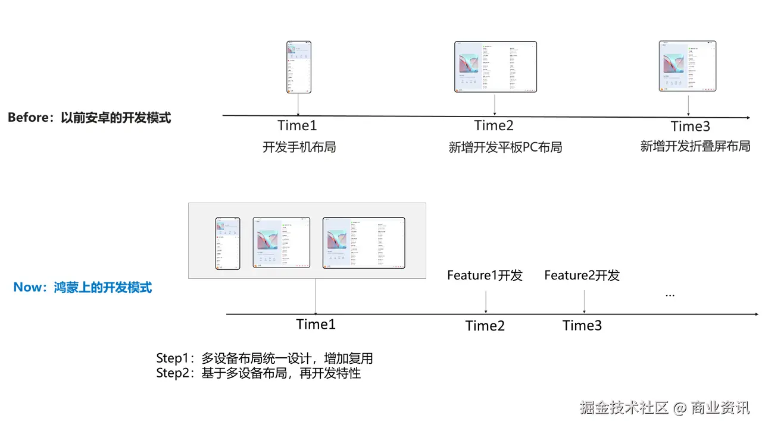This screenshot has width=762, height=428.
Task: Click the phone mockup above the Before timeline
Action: coord(299,67)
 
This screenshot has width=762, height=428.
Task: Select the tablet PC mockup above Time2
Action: coord(495,67)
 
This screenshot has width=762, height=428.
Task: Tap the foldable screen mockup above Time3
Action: coord(688,66)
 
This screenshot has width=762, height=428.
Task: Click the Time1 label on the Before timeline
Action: coord(297,125)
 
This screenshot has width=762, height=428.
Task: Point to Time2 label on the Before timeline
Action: coord(494,125)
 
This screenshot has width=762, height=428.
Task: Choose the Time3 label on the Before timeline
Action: coord(690,126)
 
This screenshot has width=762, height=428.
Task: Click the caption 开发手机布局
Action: coord(299,147)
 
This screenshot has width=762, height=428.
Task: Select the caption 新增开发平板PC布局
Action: coord(505,147)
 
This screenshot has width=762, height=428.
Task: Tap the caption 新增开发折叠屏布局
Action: coord(695,146)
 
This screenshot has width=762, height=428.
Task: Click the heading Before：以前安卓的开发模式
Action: coord(89,118)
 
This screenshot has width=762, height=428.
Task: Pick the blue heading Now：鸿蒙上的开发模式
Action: coord(83,288)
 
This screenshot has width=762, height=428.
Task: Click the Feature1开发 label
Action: coord(485,275)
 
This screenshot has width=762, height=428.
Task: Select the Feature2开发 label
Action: coord(582,275)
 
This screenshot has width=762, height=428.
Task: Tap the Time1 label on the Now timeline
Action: coord(316,325)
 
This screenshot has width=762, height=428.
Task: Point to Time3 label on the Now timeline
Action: coord(582,326)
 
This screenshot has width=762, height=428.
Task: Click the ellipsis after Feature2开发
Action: coord(670,294)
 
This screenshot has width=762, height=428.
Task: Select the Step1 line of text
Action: coord(264,358)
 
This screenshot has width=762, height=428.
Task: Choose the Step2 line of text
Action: coord(258,373)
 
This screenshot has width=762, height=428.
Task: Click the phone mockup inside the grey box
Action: coord(228,244)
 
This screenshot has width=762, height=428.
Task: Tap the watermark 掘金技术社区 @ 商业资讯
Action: coord(665,408)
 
